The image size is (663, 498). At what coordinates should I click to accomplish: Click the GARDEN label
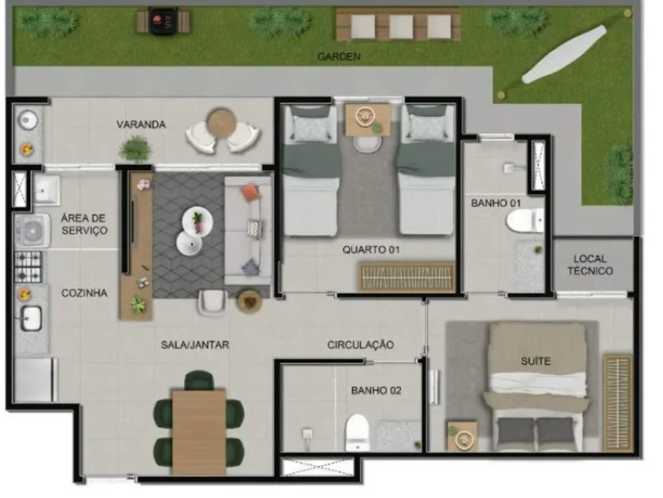[339, 56]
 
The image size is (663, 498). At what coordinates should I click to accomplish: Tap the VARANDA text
[141, 125]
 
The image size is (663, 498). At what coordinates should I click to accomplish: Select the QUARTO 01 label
[371, 250]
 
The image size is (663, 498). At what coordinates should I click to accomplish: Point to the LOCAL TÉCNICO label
[590, 265]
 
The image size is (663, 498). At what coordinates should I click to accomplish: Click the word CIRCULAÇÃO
[360, 344]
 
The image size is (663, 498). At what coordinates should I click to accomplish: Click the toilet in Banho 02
[357, 432]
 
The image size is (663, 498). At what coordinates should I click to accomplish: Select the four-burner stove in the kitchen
[29, 267]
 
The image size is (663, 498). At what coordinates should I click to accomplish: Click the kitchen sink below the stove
[31, 318]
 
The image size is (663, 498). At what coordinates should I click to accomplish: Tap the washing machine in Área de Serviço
[32, 231]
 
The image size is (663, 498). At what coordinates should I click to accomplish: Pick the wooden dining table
[199, 433]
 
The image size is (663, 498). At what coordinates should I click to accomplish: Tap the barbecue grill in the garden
[162, 22]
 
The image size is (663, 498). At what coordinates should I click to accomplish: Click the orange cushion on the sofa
[250, 192]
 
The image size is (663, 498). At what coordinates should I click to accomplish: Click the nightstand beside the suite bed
[462, 436]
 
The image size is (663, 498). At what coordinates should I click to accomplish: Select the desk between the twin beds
[368, 120]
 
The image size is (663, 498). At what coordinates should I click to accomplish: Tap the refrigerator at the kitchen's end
[35, 380]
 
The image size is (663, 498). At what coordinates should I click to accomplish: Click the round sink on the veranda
[27, 121]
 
